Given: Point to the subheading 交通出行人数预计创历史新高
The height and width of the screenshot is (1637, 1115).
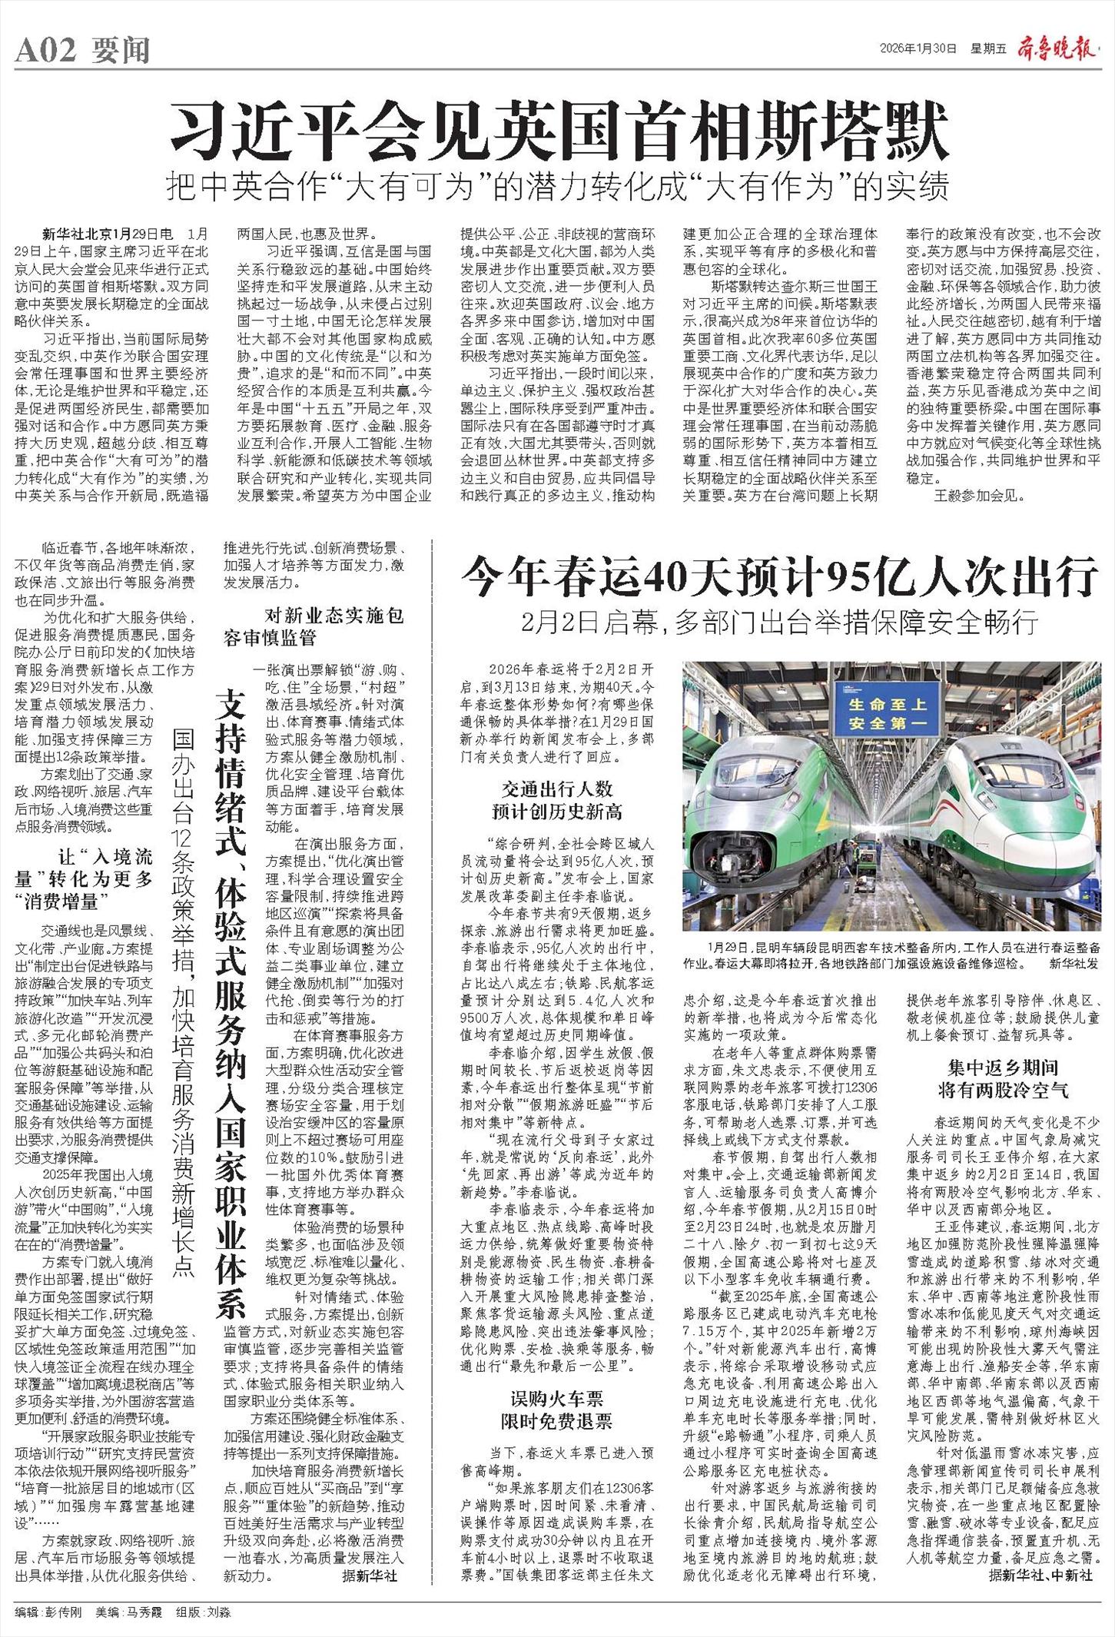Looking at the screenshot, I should (x=557, y=800).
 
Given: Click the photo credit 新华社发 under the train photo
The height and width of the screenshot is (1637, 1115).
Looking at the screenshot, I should (x=1074, y=962).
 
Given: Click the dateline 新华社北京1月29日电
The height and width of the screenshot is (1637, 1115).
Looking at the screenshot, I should (x=108, y=233).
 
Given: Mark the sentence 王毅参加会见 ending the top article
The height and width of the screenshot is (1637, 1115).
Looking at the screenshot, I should (x=978, y=496).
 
